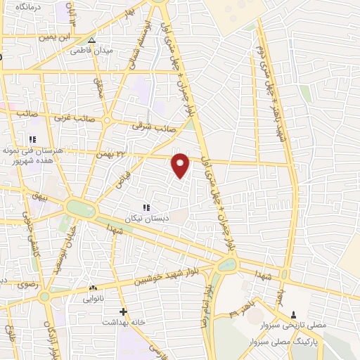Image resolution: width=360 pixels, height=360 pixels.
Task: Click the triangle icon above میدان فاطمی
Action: [91, 39]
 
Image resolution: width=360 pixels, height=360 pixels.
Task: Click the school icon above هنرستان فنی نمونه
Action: [32, 139]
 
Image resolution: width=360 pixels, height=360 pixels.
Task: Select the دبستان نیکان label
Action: [146, 218]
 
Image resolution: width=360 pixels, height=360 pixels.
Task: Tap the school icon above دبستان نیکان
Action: [146, 207]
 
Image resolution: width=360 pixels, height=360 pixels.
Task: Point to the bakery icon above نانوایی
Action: [92, 288]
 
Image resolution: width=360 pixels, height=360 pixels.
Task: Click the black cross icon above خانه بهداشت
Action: [123, 311]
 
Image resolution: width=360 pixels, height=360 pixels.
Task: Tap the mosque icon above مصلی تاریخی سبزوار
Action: [294, 314]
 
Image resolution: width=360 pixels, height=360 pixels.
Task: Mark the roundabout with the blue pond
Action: [227, 265]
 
